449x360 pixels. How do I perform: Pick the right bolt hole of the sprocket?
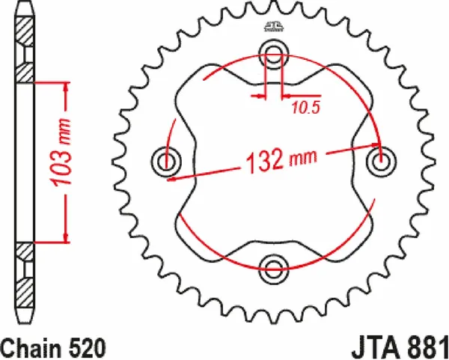point(382,159)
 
